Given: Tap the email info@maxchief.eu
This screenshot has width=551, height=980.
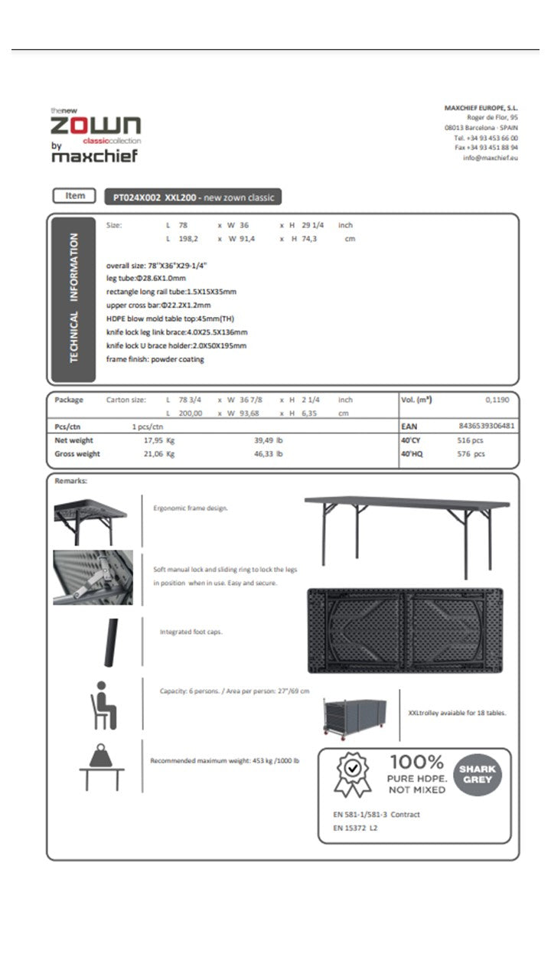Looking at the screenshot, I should (490, 158).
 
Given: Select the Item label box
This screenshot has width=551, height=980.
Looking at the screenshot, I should (75, 196).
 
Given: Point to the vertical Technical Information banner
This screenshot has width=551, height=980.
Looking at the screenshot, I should (73, 299).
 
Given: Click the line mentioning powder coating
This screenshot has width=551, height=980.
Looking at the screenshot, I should (155, 359).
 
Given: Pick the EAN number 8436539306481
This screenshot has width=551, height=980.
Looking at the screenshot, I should (486, 426).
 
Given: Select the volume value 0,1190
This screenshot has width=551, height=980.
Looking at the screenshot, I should (497, 400).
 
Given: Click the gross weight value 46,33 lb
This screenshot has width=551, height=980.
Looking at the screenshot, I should (268, 454).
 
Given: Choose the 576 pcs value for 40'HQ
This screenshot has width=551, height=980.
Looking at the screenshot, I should (471, 454).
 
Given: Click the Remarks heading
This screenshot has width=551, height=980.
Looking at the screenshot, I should (71, 481).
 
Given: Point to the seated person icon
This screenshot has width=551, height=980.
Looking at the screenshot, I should (103, 704).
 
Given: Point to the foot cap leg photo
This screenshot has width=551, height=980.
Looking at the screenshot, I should (112, 642).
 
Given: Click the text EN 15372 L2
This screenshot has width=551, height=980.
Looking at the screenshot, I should (356, 828).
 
